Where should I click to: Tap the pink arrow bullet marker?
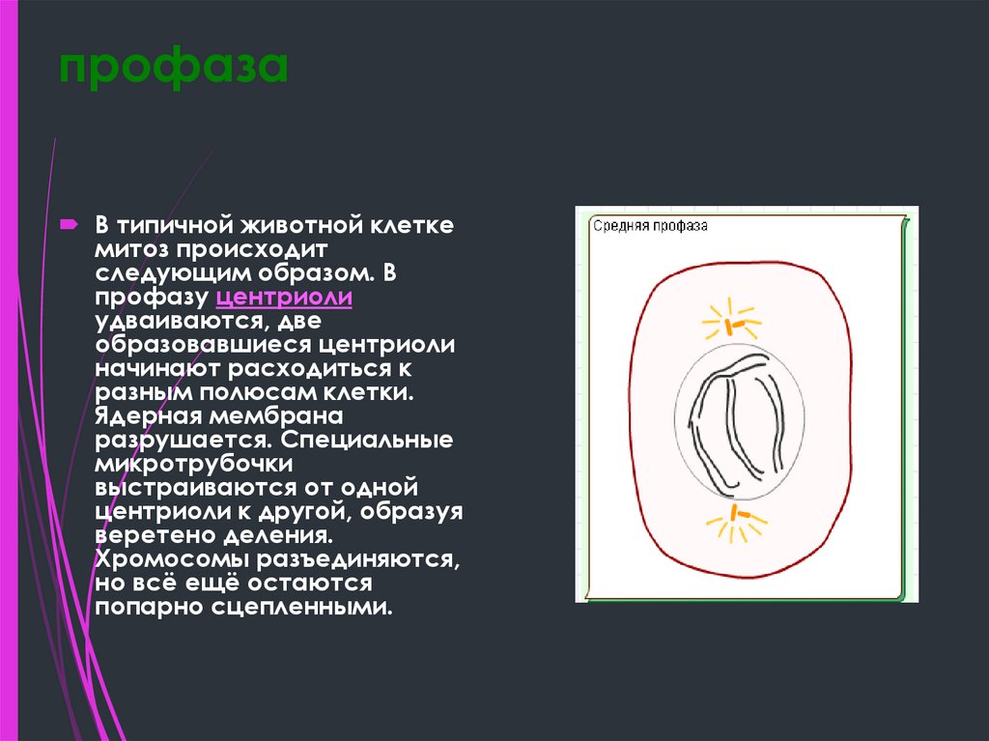(x=71, y=225)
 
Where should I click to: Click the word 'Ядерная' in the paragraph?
(x=143, y=417)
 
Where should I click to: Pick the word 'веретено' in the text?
(x=148, y=535)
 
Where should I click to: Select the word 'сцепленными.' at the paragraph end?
(x=320, y=609)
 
